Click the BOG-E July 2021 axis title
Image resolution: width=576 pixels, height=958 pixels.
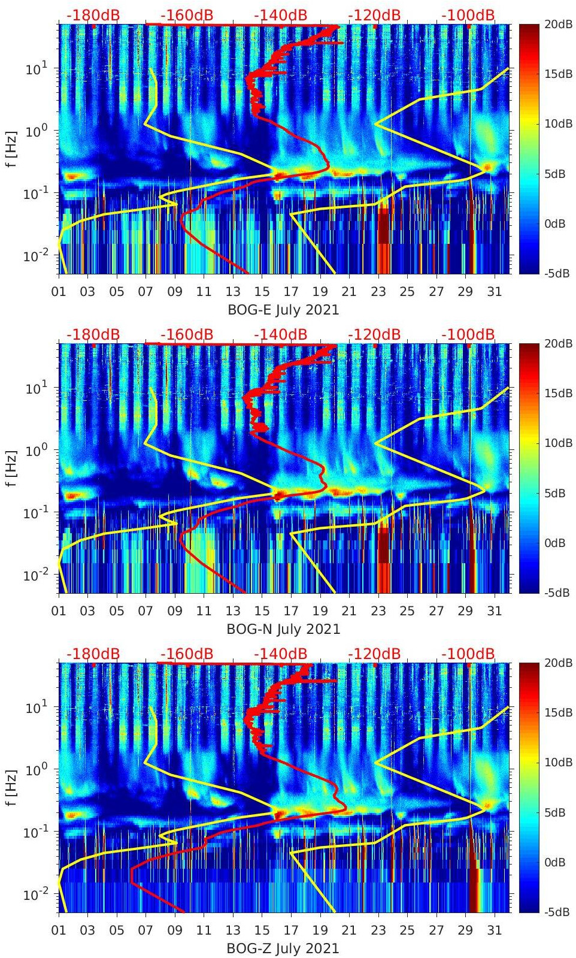point(283,310)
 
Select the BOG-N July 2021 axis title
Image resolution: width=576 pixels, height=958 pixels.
point(283,629)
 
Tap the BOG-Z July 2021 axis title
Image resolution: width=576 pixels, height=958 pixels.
point(283,948)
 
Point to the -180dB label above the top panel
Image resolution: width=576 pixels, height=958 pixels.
point(93,15)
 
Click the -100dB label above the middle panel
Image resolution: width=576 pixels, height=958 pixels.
point(468,334)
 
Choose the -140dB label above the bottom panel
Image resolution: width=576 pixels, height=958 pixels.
point(280,654)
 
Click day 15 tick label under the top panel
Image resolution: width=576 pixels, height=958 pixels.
point(262,292)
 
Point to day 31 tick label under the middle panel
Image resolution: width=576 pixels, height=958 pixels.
point(494,611)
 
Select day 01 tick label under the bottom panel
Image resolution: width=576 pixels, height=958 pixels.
point(59,930)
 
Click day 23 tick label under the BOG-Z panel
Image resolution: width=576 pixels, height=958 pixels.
point(378,930)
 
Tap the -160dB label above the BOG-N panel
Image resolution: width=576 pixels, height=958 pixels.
point(187,334)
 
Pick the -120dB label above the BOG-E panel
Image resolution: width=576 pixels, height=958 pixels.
point(374,15)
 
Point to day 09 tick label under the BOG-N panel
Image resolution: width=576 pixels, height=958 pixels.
point(175,611)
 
